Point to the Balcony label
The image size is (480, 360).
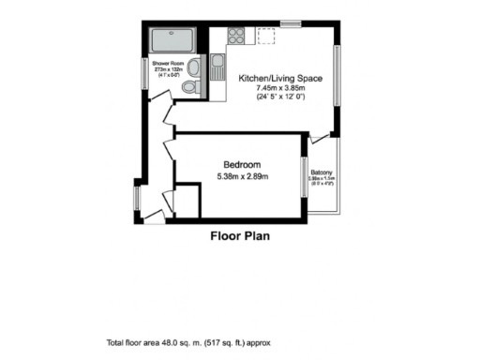[x=322, y=172]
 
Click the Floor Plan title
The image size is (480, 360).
[x=239, y=236]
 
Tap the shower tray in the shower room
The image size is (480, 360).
[x=172, y=40]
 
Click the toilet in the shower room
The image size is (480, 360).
[x=189, y=87]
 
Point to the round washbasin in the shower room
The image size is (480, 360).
[x=194, y=67]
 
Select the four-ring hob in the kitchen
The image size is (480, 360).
[x=236, y=37]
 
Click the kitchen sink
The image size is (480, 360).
[x=217, y=67]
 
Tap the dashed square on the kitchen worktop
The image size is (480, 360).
[x=267, y=37]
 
